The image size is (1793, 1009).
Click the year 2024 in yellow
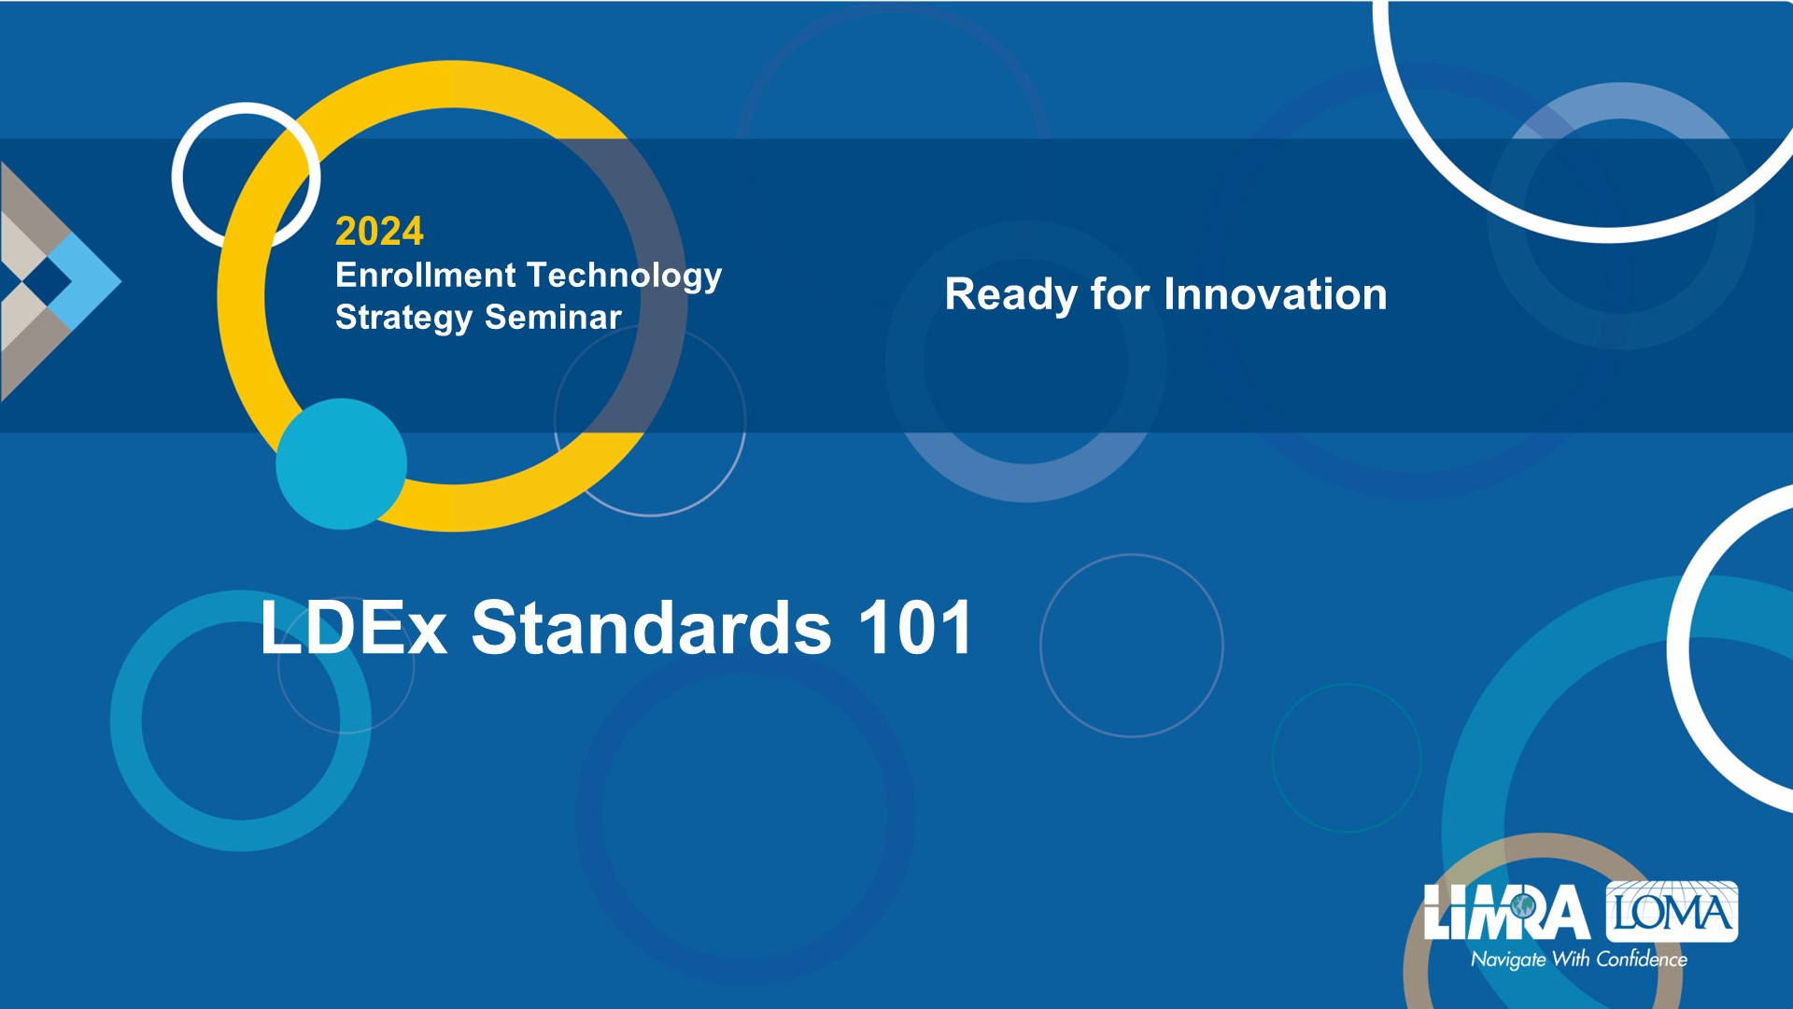379,231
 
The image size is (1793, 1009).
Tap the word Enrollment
425,275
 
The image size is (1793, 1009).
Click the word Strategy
403,319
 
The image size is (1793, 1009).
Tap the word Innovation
1276,294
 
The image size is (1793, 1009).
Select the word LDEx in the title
354,627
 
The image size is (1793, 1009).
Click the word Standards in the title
651,627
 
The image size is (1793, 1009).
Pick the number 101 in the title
916,627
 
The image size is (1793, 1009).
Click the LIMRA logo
1506,912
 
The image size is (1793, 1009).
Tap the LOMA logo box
1672,911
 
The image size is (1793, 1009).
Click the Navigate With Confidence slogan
1579,959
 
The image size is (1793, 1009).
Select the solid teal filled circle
342,464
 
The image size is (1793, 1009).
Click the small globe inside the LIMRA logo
1523,905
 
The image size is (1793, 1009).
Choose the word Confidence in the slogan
1642,959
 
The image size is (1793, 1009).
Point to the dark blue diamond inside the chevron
47,279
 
